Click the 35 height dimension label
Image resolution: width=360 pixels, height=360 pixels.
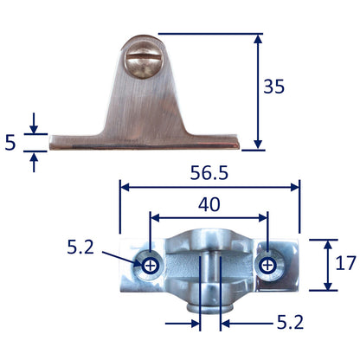click(273, 87)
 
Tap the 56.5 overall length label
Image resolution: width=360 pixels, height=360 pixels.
click(209, 173)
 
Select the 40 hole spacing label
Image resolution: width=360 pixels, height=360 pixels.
click(209, 204)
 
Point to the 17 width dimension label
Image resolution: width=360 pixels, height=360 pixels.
click(345, 263)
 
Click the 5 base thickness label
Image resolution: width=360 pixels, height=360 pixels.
click(10, 143)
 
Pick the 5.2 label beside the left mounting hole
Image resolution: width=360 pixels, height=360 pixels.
click(80, 247)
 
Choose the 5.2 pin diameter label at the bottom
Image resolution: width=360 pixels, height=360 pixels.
click(290, 323)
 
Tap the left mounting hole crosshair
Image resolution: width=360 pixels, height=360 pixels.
click(150, 266)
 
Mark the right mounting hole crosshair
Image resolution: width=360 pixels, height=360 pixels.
click(267, 266)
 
